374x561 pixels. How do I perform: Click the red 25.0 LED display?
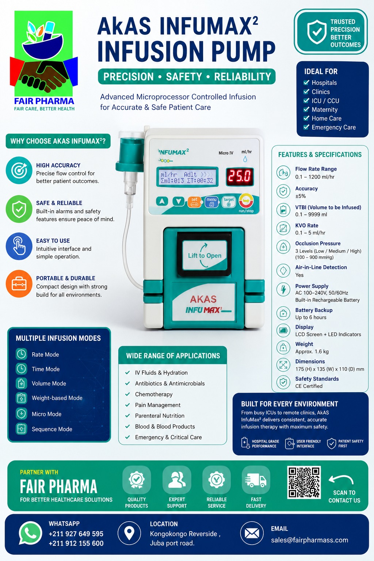pos(240,176)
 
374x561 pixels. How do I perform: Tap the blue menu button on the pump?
pos(211,202)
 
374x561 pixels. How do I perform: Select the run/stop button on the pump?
pos(246,201)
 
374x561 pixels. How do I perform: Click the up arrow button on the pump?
pos(162,201)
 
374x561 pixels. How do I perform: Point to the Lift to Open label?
pos(205,255)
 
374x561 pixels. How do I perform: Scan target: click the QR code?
pos(304,482)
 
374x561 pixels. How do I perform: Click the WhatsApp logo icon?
pos(30,533)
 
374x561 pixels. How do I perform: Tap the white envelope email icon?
pos(252,533)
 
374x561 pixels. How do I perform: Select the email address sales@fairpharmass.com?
pos(310,540)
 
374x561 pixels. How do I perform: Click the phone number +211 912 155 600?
pos(76,543)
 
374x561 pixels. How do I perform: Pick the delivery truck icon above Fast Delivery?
pos(256,480)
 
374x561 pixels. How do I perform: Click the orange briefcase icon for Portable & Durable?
pos(19,284)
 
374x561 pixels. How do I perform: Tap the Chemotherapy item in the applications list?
pos(154,394)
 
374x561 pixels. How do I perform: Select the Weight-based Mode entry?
pos(57,398)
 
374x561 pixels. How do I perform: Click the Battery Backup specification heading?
pos(314,310)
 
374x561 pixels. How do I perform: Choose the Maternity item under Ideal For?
pos(325,110)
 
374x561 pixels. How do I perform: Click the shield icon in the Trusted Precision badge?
pos(317,31)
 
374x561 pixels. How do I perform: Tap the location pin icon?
pos(129,533)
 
